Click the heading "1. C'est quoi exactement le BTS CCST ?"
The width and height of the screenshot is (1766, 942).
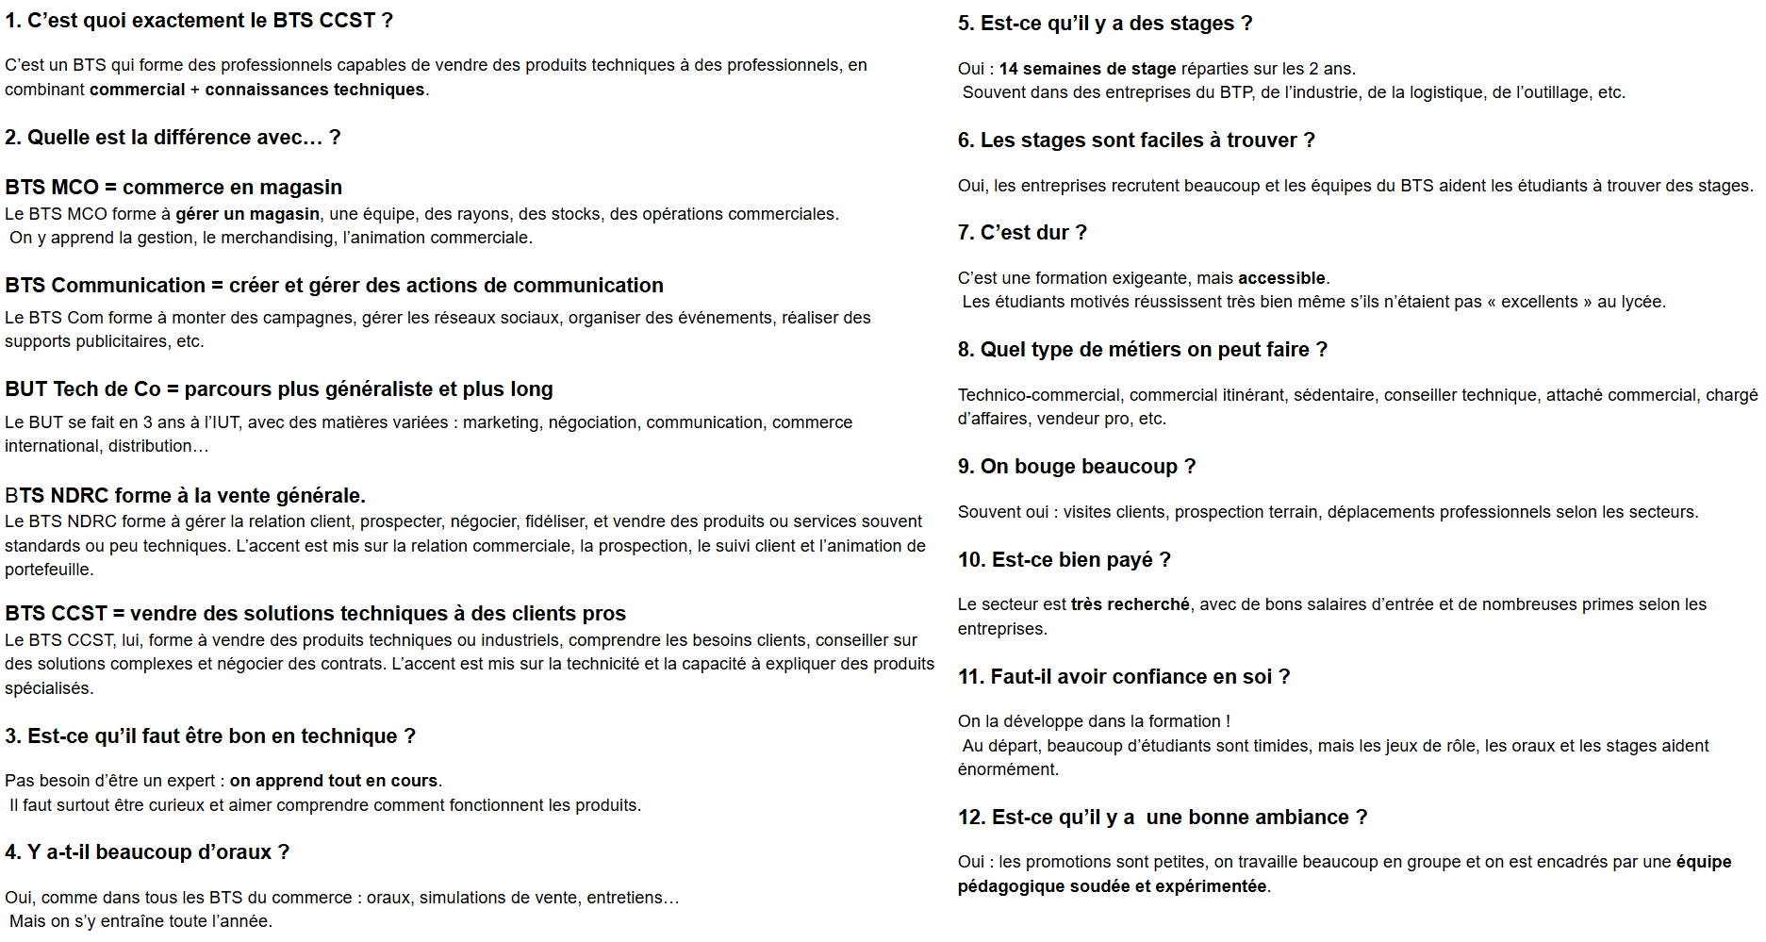point(199,21)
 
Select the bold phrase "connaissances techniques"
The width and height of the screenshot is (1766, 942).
point(315,90)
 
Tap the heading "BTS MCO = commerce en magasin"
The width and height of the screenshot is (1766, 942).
point(173,187)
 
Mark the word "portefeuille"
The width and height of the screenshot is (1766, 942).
point(47,570)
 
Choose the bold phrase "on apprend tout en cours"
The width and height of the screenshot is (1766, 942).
point(334,781)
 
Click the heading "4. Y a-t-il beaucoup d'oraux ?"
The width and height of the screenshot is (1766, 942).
point(147,852)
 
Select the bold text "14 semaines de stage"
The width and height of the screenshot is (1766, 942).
point(1087,69)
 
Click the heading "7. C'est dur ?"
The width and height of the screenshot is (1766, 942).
point(1022,233)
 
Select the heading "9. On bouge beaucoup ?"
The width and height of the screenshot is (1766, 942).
point(1077,467)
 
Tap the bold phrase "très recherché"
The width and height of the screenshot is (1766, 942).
point(1130,604)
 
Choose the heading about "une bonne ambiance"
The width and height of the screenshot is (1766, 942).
point(1163,818)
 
